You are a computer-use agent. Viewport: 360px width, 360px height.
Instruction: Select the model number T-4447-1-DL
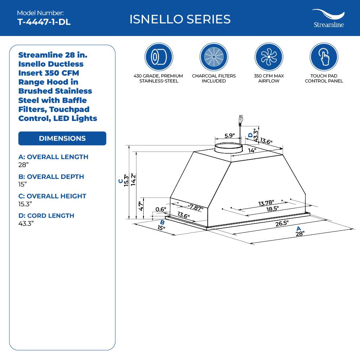(x=44, y=22)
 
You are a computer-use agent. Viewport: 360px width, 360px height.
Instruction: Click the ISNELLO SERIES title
(x=180, y=19)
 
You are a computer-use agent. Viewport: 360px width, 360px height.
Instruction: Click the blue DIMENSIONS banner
(x=62, y=139)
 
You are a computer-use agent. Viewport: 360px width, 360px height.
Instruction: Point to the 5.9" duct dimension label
(x=229, y=136)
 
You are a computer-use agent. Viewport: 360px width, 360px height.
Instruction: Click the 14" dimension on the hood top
(x=252, y=150)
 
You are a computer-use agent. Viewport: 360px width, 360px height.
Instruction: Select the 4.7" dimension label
(x=141, y=206)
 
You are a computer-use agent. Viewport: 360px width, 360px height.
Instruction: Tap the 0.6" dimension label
(x=161, y=210)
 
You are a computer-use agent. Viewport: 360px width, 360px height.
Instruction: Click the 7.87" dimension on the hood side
(x=196, y=207)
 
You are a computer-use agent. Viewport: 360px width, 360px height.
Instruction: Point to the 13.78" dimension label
(x=266, y=203)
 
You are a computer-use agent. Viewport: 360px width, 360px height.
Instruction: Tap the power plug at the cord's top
(x=240, y=119)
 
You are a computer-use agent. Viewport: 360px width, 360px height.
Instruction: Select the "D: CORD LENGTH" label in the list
(x=46, y=216)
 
